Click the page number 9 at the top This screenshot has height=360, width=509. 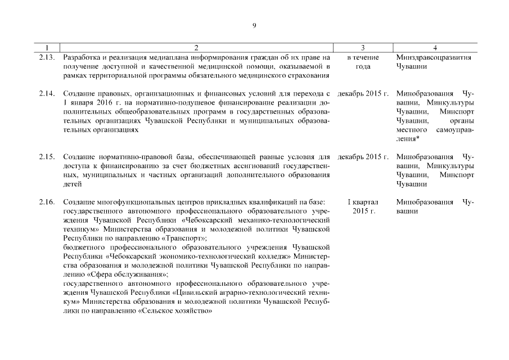[x=254, y=25]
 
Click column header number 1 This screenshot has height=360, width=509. [x=47, y=48]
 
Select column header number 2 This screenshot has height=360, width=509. [x=196, y=48]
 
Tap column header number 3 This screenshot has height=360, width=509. [x=363, y=48]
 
